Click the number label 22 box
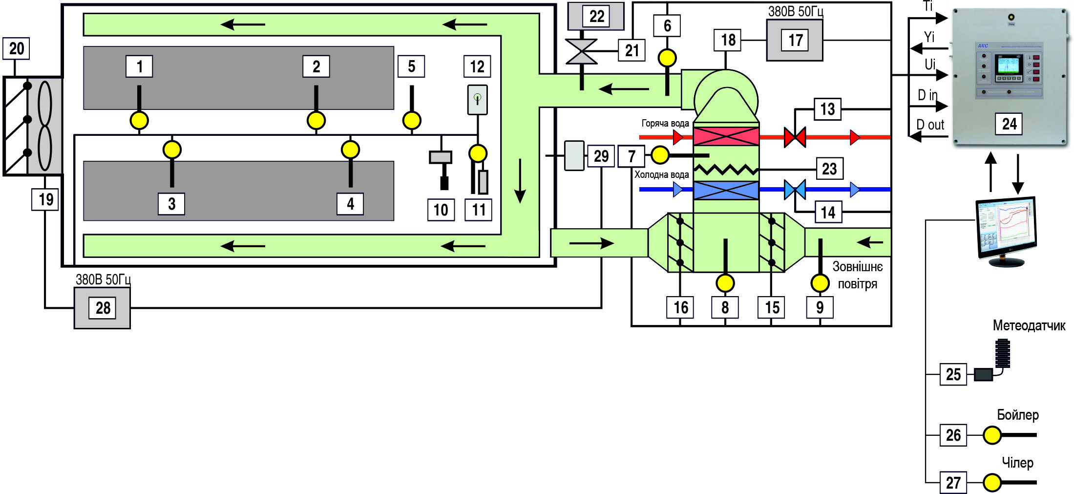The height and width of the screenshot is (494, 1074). tap(596, 17)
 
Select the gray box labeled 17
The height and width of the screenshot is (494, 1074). tap(795, 40)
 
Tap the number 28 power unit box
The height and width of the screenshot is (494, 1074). tap(103, 308)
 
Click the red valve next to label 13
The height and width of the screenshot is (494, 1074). tap(795, 137)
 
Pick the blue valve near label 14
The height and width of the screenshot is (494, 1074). tap(795, 190)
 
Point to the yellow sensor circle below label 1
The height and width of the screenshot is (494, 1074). tap(139, 120)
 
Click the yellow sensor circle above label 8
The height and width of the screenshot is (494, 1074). tap(725, 283)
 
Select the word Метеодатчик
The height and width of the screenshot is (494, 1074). tap(1029, 326)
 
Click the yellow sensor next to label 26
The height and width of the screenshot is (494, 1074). tap(992, 435)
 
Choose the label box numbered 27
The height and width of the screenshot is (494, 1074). tap(953, 483)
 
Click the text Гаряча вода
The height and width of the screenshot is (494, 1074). tap(665, 124)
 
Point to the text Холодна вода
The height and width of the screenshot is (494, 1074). tap(661, 175)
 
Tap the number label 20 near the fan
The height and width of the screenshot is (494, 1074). tap(16, 48)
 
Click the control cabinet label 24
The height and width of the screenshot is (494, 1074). tap(1009, 124)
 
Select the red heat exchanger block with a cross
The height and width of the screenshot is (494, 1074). tap(726, 136)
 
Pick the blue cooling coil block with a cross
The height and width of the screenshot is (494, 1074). tap(726, 190)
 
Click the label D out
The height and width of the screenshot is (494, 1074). tap(930, 125)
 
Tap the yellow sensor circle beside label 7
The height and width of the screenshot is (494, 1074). tap(660, 155)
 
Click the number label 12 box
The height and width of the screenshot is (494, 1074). tap(477, 66)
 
